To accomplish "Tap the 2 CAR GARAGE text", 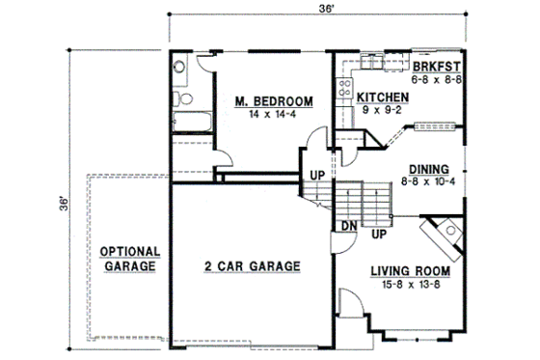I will [253, 266].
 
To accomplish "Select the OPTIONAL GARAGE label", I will [128, 258].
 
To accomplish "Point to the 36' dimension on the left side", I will [61, 204].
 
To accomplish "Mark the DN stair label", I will [350, 226].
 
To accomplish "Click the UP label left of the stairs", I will [315, 176].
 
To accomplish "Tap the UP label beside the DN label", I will [379, 234].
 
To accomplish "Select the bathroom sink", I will [179, 69].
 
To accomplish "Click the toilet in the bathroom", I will [179, 96].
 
